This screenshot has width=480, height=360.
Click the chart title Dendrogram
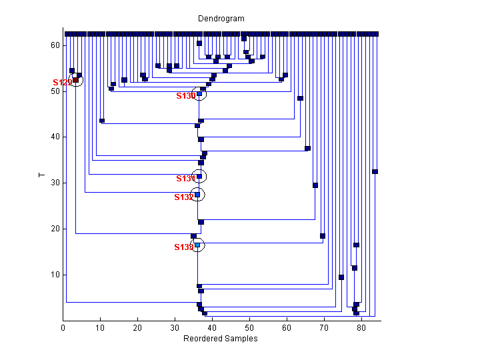click(x=221, y=19)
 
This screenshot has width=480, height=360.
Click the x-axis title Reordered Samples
click(x=220, y=339)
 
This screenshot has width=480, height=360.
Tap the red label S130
click(x=186, y=96)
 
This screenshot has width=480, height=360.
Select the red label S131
click(x=186, y=179)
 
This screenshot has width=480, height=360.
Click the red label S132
click(x=183, y=197)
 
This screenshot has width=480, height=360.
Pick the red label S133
click(x=183, y=247)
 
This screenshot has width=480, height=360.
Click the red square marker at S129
click(x=75, y=80)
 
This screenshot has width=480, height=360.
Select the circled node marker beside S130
click(x=199, y=94)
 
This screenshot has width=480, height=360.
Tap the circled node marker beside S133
click(x=197, y=245)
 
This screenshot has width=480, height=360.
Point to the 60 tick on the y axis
click(x=55, y=45)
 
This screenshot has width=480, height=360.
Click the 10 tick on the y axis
click(x=55, y=275)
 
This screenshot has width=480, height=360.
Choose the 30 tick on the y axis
click(x=55, y=183)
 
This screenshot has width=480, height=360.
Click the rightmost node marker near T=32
click(x=375, y=171)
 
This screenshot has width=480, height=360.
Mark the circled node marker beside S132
click(x=197, y=195)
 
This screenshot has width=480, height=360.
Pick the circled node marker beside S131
click(x=199, y=177)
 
